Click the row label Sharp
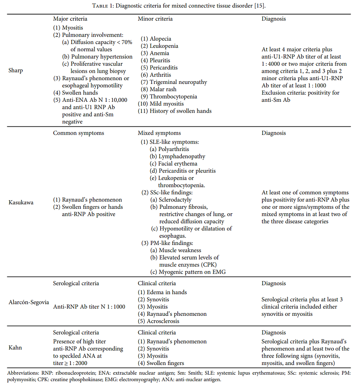15,70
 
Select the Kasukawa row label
21,202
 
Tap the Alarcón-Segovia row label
29,302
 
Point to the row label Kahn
15,347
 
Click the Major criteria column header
70,19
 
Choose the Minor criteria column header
155,19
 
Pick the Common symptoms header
79,133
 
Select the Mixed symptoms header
159,133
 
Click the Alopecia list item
160,39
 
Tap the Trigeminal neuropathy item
178,82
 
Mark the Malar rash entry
163,89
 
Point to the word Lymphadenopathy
182,157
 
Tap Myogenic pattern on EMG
192,272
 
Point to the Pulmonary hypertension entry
102,57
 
